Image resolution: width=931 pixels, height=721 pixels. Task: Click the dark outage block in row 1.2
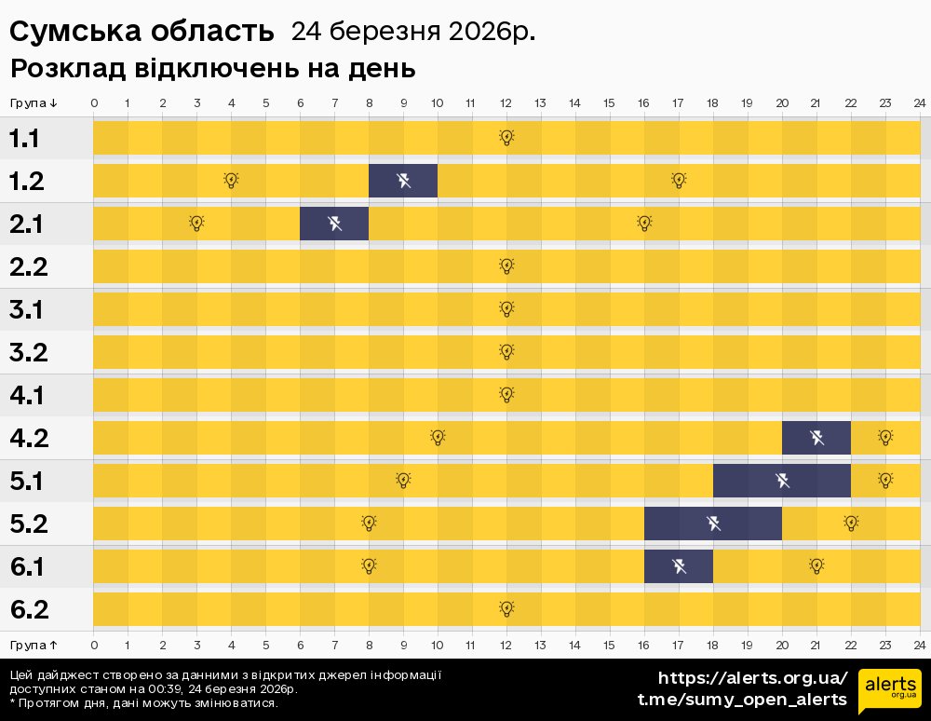403,181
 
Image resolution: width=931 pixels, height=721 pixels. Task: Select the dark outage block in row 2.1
334,224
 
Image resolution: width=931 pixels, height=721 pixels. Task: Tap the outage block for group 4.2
816,438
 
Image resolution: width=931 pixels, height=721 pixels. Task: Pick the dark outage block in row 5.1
782,481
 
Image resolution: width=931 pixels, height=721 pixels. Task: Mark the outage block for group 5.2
713,524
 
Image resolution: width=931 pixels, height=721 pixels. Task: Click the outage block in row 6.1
679,566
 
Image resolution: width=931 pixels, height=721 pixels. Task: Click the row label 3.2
28,353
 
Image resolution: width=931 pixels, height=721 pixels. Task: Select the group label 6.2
28,610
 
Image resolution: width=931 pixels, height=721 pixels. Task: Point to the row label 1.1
25,139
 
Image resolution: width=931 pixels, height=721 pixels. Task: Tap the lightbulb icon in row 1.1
506,138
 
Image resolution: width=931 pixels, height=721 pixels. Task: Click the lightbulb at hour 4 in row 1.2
231,181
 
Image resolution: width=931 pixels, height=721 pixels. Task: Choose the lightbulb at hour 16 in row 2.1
644,224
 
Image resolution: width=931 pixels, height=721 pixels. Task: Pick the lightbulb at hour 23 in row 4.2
885,438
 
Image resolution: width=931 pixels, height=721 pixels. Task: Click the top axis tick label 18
713,102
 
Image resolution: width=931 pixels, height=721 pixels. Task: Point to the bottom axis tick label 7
334,645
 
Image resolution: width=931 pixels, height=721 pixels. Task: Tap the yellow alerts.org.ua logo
889,690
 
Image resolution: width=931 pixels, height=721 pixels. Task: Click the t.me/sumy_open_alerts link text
742,700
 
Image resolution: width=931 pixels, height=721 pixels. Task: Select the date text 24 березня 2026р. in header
413,32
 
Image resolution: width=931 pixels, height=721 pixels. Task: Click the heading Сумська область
142,32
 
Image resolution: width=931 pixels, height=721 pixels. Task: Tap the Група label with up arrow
34,645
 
